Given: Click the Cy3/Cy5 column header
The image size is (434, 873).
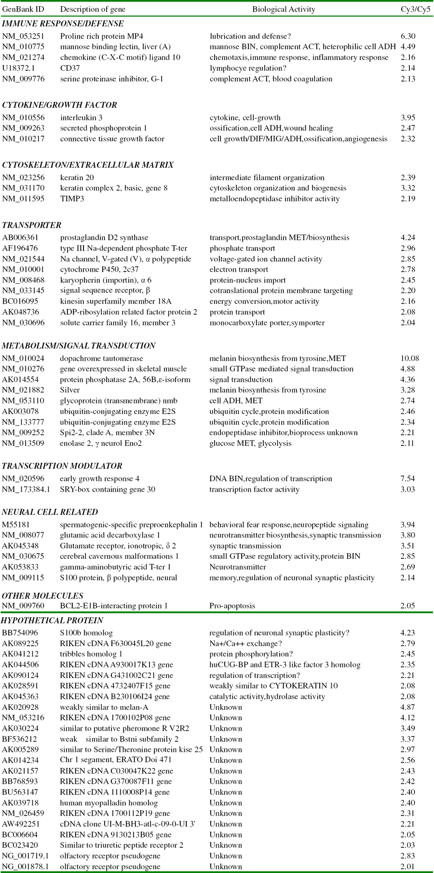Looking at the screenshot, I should [415, 9].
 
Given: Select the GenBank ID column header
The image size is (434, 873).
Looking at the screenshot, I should [23, 9].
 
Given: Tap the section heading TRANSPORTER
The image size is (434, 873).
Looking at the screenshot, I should [32, 225].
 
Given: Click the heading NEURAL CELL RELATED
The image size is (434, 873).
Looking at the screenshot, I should [50, 512].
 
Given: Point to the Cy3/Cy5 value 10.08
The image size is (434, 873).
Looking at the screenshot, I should [409, 358].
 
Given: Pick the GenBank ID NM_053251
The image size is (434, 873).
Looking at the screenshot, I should [23, 36].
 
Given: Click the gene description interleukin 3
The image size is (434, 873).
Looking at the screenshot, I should [81, 117].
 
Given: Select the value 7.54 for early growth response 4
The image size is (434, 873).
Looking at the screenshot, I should [407, 478].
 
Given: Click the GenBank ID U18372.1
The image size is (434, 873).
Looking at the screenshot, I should [18, 68].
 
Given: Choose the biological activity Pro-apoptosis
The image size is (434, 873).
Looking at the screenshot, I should [232, 606].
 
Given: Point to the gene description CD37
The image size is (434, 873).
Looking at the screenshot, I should [70, 68].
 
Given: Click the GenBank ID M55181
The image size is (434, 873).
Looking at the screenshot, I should [16, 525].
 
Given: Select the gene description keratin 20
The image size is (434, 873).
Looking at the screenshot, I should [77, 178].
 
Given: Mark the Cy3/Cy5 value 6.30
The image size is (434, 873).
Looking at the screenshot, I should [407, 36].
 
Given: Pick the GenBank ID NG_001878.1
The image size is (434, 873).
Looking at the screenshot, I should [25, 866].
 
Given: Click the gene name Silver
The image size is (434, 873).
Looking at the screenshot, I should [70, 390].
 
